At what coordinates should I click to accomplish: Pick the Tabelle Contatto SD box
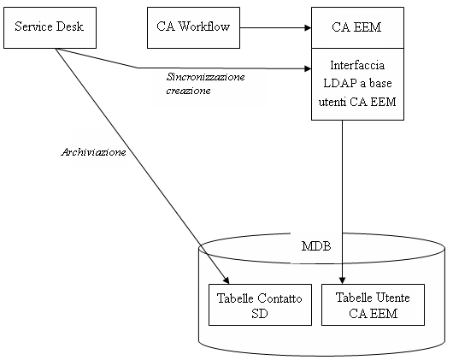[x=259, y=304]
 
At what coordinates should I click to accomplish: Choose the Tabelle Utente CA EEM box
[x=372, y=304]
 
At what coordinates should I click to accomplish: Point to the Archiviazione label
[x=93, y=152]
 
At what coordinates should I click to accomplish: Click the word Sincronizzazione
[x=205, y=77]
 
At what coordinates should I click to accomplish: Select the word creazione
[x=188, y=90]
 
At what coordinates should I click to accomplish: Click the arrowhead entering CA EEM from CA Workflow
[x=307, y=27]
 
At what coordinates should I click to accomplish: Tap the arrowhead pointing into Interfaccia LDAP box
[x=307, y=68]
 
